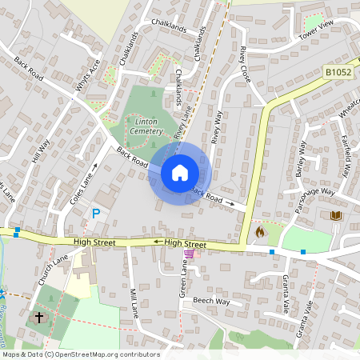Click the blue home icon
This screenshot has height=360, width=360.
(x=180, y=172)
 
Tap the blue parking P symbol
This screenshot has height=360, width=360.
(x=96, y=214)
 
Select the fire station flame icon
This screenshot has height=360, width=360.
(x=259, y=232)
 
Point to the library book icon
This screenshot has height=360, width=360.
(x=335, y=215)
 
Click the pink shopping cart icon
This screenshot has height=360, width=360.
(x=189, y=254)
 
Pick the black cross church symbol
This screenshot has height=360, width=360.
(x=38, y=318)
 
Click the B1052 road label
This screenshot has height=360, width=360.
(x=339, y=72)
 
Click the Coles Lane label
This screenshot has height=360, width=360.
(x=82, y=186)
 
